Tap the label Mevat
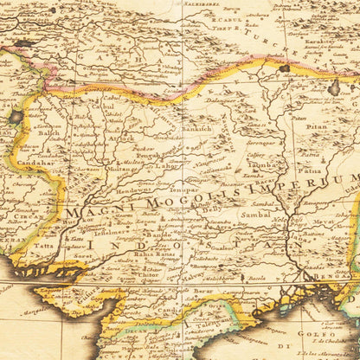click(325, 221)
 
